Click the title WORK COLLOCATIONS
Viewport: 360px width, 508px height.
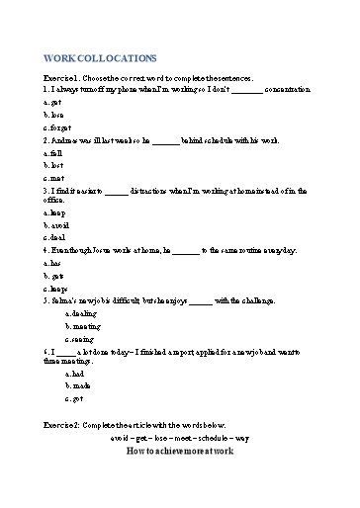[x=100, y=59]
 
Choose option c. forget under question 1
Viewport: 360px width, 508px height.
[x=56, y=127]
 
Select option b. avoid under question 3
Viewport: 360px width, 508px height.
[x=56, y=224]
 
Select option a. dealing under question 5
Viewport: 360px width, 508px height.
[x=81, y=313]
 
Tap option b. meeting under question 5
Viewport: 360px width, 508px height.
[x=82, y=325]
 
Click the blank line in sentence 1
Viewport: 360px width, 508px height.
[x=245, y=89]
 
